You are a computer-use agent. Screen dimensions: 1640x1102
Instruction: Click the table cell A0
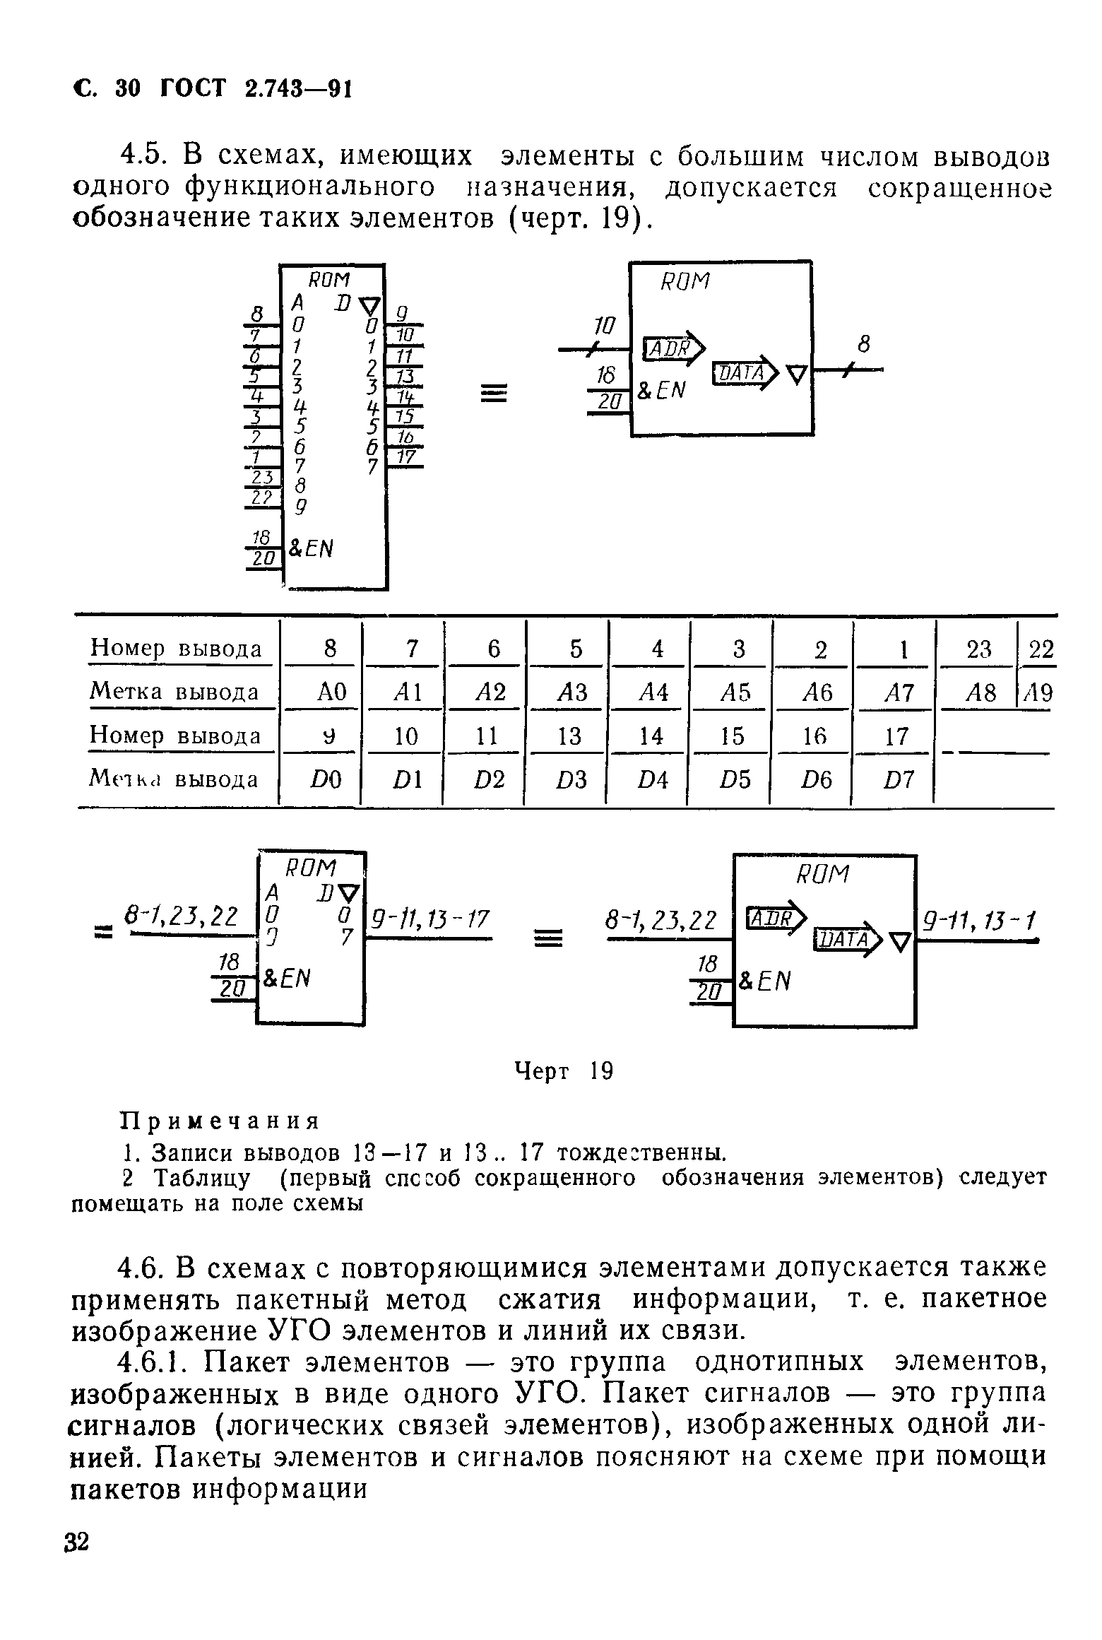329,692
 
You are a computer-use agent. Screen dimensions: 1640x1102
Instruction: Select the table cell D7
896,780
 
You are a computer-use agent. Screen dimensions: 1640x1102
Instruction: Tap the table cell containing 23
978,649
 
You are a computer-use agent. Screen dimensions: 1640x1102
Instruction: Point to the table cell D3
571,780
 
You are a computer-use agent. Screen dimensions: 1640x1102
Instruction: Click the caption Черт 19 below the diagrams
563,1072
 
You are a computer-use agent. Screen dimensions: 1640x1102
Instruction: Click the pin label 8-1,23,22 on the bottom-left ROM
180,916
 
